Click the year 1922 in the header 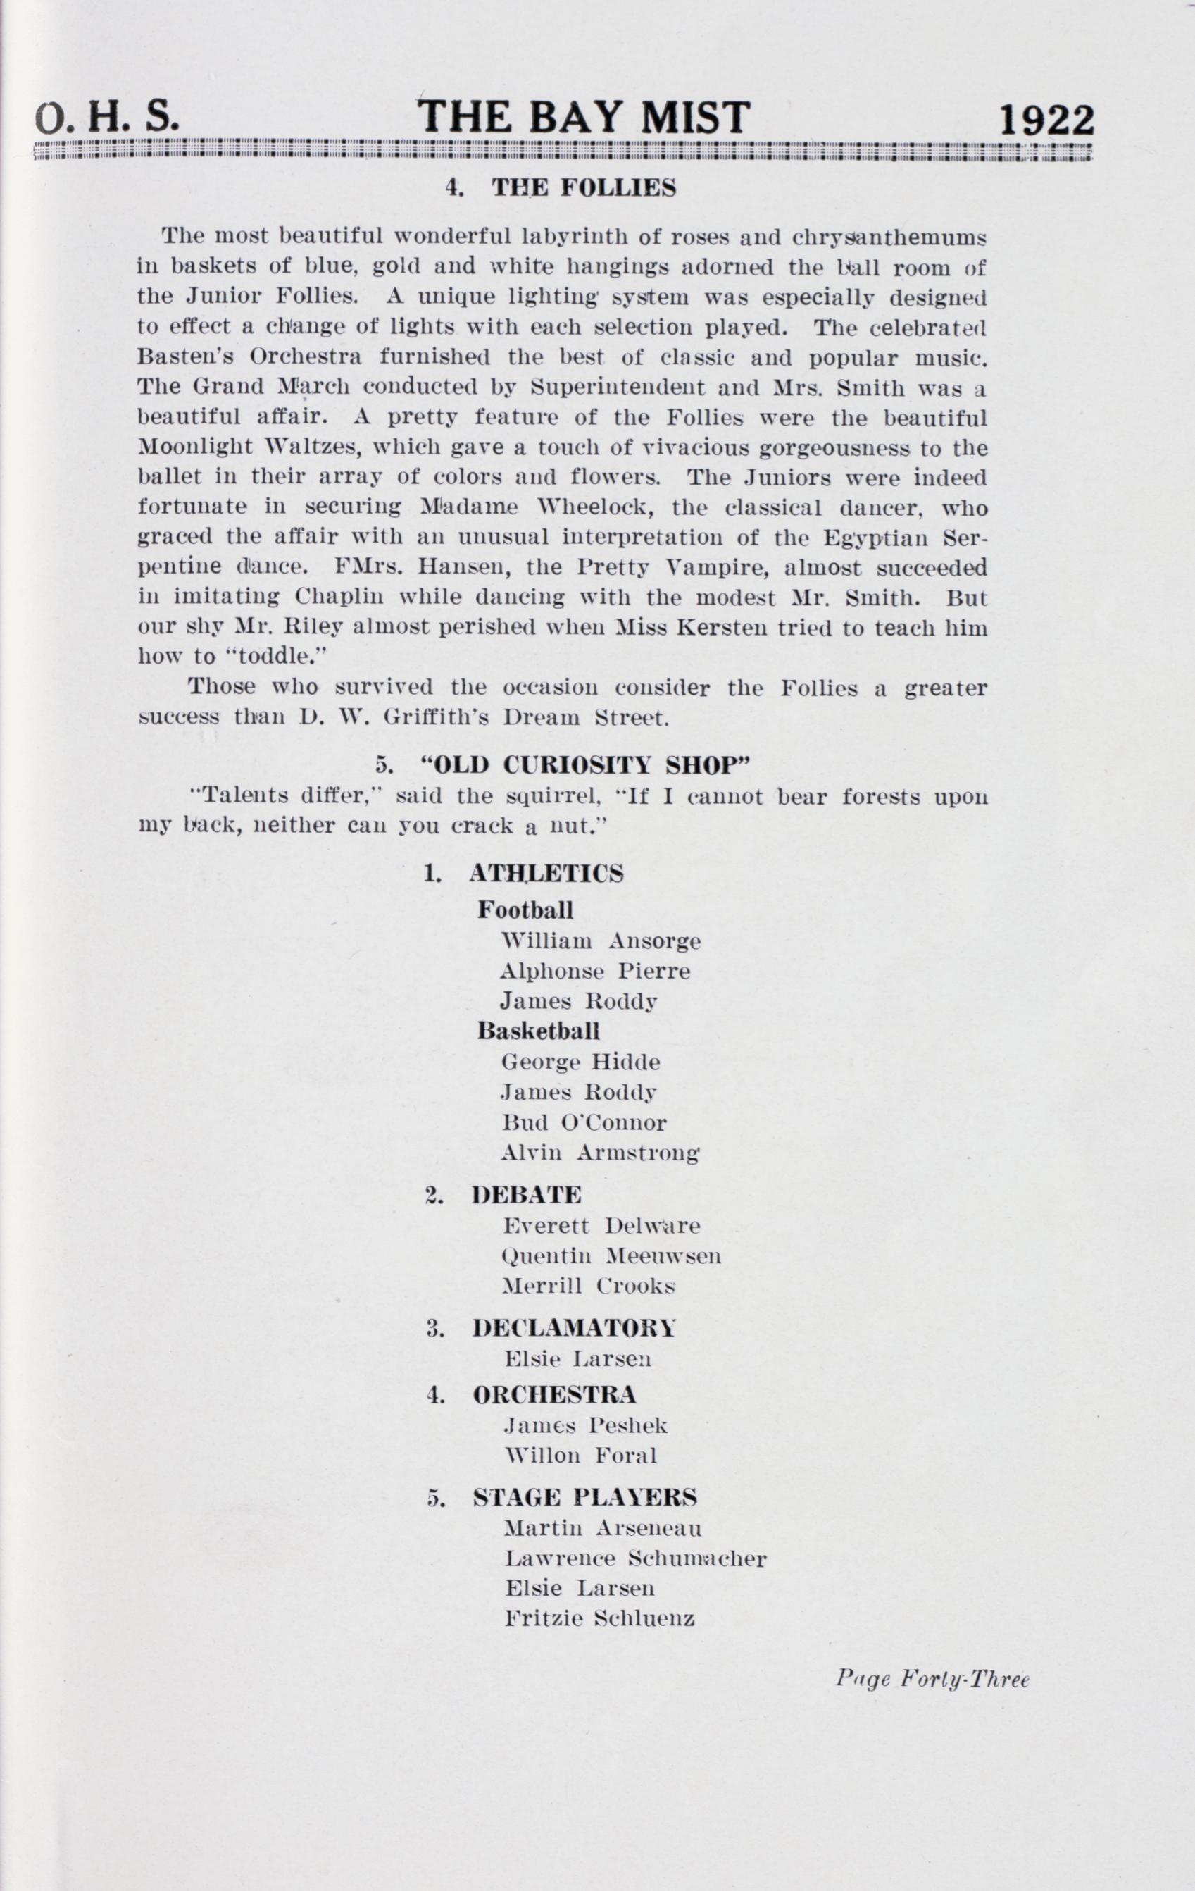coord(1046,120)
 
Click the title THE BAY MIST coord(583,117)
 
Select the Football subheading coord(525,910)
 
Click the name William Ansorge coord(601,941)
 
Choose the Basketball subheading coord(538,1030)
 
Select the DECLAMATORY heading coord(574,1328)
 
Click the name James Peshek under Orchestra coord(586,1425)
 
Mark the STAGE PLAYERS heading coord(584,1498)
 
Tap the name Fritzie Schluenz coord(600,1618)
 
